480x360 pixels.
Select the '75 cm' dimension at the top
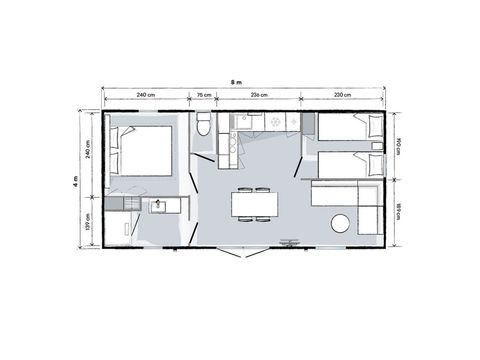click(204, 95)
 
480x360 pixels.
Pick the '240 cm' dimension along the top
click(145, 95)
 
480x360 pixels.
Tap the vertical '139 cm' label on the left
click(89, 221)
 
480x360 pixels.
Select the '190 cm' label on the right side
click(398, 144)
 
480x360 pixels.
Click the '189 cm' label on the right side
click(398, 210)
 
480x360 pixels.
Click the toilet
click(204, 124)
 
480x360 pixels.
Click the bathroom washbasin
click(157, 205)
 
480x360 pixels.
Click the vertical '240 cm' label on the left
click(89, 154)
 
